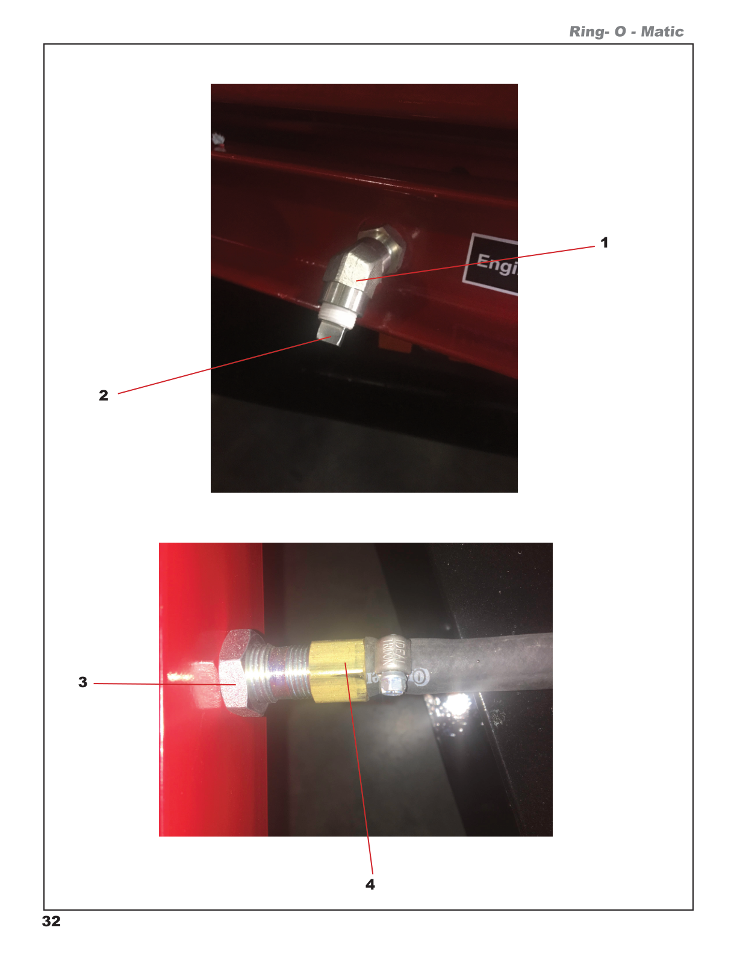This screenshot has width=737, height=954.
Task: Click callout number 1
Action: (x=604, y=243)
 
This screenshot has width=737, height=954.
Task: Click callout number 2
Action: (x=104, y=396)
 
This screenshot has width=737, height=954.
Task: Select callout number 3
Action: (x=83, y=682)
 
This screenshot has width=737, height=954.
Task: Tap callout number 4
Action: (x=370, y=884)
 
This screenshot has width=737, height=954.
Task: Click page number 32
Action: (x=51, y=921)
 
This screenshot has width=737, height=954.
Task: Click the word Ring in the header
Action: (x=586, y=32)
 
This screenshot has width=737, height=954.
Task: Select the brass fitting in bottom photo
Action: (x=338, y=670)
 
